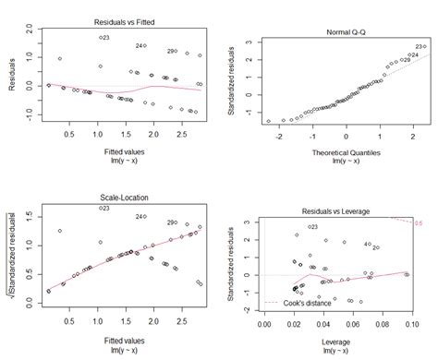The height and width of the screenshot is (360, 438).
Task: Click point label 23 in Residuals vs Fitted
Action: coord(105,38)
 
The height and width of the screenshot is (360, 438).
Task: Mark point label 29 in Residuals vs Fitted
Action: coord(172,52)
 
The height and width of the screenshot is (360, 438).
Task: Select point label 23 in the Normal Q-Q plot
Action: coord(420,46)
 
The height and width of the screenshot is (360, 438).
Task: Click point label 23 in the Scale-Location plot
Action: coord(105,209)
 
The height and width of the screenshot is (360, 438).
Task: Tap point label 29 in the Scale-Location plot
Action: coord(172,222)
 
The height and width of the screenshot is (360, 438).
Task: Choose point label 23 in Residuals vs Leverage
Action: coord(313,227)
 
